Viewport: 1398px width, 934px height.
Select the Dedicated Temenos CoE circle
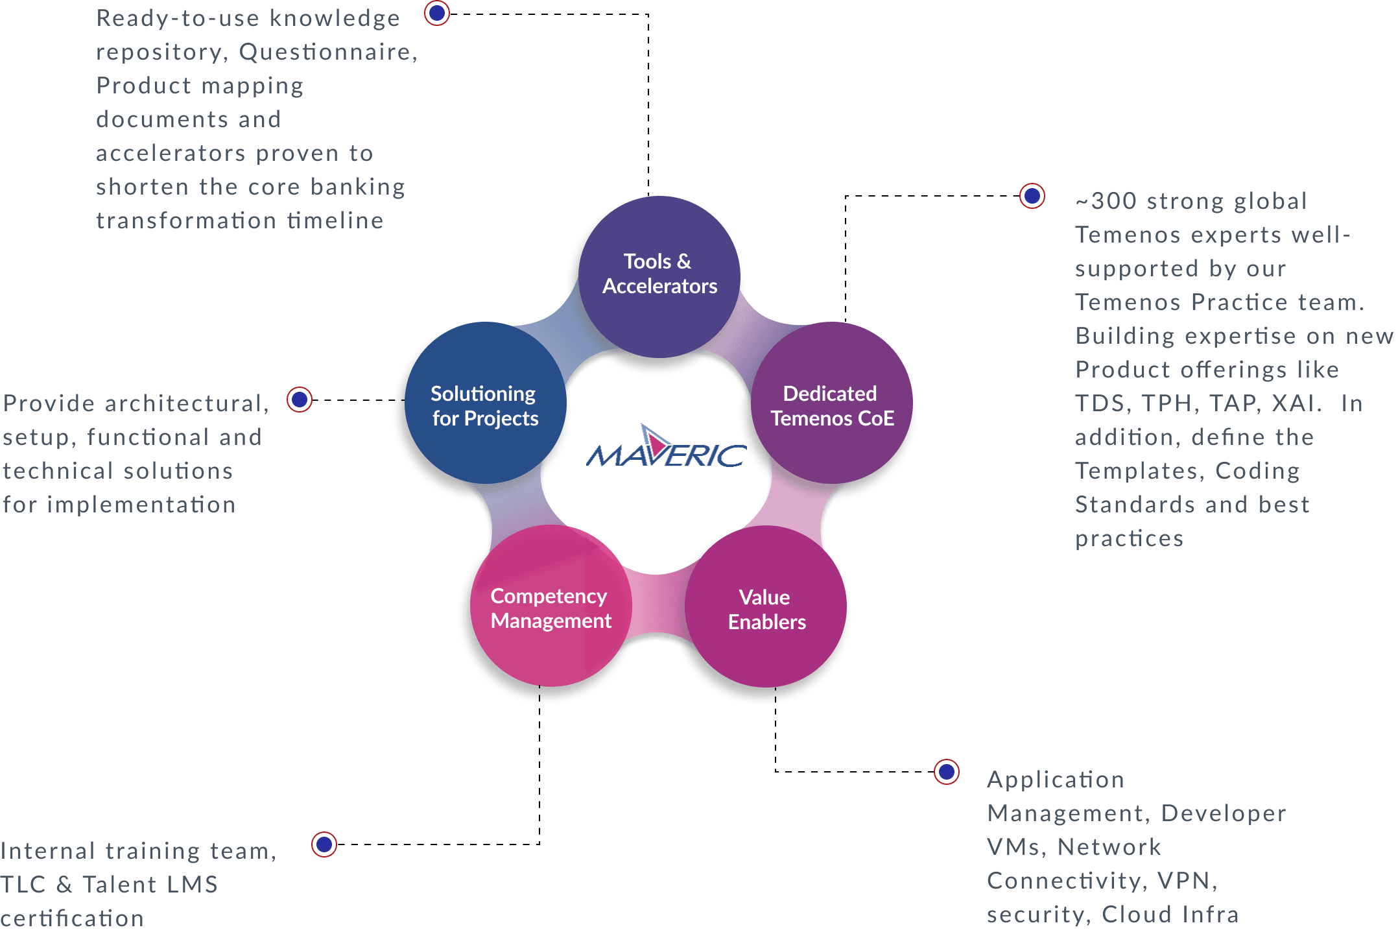832,405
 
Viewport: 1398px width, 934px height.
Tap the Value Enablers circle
766,609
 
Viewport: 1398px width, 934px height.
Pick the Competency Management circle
551,608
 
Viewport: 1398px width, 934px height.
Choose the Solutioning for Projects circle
485,405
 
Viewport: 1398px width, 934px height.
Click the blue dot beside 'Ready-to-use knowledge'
437,13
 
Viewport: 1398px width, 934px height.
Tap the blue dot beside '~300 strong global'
1032,196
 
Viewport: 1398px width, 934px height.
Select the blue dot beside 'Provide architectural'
300,400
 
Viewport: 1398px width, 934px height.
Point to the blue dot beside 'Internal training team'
324,844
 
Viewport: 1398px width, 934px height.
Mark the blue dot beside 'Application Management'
947,772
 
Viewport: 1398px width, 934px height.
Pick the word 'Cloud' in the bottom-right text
1137,915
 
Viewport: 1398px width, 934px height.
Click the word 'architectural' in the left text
184,403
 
